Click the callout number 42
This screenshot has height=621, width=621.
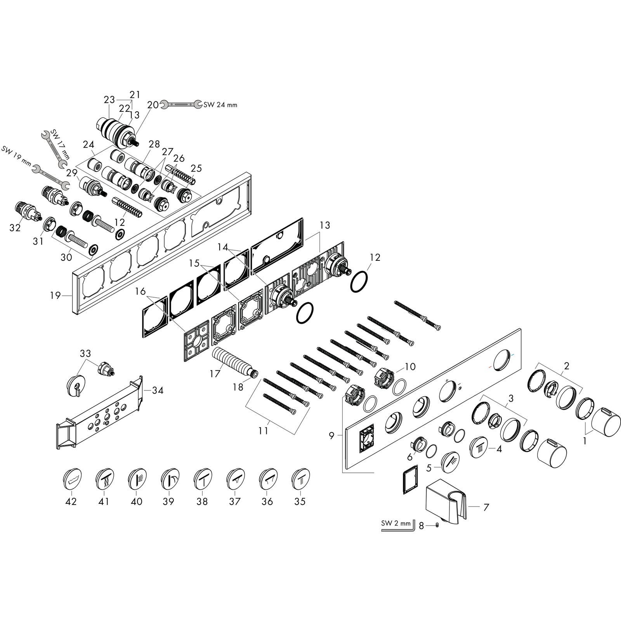pos(71,501)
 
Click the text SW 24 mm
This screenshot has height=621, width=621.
pos(220,105)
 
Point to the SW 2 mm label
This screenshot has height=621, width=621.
pos(395,524)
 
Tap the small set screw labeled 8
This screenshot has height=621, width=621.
pos(437,526)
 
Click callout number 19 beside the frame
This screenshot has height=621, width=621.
pos(55,296)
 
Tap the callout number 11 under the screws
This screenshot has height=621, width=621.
pos(264,431)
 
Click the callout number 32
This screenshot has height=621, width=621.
pos(15,228)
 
